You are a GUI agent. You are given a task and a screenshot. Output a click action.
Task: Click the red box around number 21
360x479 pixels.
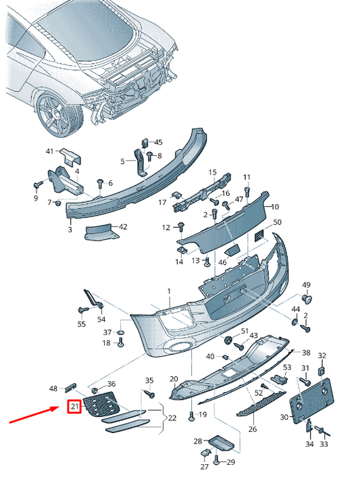point(74,406)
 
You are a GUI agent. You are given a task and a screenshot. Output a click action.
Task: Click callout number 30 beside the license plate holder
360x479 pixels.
point(284,417)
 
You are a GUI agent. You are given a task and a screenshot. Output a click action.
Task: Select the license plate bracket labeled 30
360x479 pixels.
point(311,401)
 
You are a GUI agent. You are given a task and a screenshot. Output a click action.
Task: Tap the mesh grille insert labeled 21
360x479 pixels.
point(102,405)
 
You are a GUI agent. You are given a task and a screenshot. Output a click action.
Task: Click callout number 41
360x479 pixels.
point(49,151)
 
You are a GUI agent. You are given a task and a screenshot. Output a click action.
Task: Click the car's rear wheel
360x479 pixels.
point(59,114)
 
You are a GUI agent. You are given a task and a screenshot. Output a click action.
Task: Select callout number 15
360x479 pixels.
point(212,172)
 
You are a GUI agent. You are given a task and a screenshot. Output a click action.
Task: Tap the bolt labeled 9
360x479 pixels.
point(38,184)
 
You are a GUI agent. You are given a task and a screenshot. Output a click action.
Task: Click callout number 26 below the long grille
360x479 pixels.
point(253,429)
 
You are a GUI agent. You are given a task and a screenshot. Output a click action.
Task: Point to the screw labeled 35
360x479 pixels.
point(150,395)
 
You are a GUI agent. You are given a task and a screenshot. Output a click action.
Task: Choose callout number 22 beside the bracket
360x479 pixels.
point(172,418)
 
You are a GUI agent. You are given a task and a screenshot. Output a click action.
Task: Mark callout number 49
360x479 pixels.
point(306,284)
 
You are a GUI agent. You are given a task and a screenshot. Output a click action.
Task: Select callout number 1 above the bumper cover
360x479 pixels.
point(170,291)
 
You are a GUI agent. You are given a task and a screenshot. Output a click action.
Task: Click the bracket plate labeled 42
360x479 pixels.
point(101,232)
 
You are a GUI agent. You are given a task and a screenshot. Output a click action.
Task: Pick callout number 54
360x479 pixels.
point(101,320)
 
